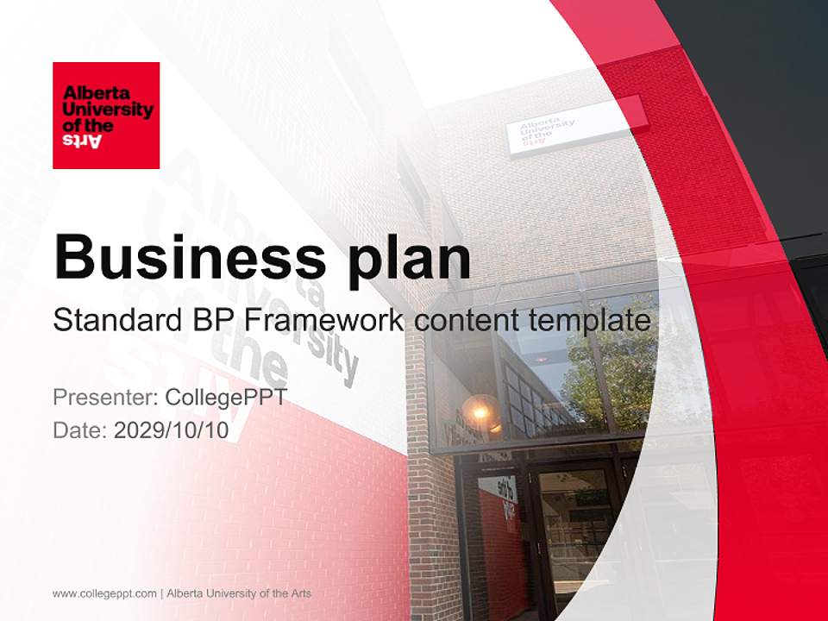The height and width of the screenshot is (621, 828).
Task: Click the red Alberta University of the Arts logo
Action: (x=106, y=116)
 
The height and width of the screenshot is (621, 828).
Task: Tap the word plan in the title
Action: (x=402, y=256)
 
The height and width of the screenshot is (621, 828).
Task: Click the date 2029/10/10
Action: (x=172, y=430)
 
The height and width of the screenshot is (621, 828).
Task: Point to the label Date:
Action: (x=80, y=430)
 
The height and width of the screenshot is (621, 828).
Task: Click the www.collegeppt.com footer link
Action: (x=104, y=593)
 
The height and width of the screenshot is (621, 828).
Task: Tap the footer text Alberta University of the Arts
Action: (x=239, y=593)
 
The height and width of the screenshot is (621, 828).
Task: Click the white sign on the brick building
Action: (x=575, y=126)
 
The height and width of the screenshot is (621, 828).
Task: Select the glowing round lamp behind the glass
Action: (x=480, y=410)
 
